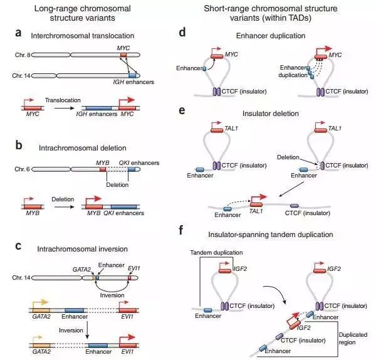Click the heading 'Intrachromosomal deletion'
[x=88, y=149]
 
